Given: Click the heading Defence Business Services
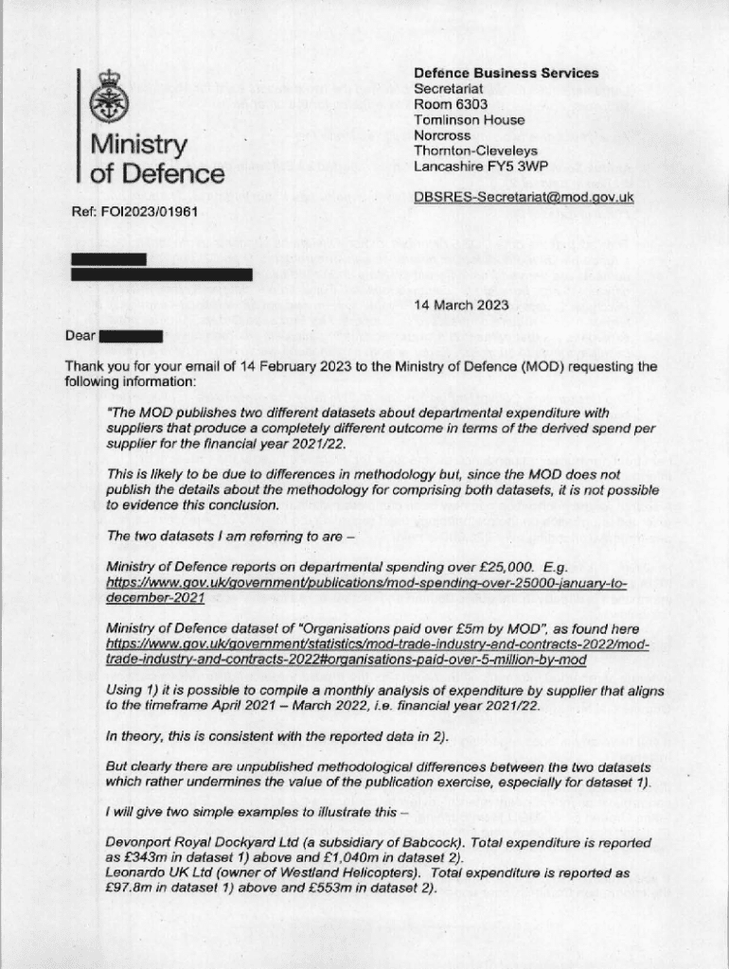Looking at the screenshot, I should click(x=506, y=73).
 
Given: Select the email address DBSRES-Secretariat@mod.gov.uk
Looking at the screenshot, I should click(x=524, y=198).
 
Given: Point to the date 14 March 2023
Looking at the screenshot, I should click(x=461, y=305).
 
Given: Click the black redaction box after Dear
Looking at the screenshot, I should click(x=131, y=336).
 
